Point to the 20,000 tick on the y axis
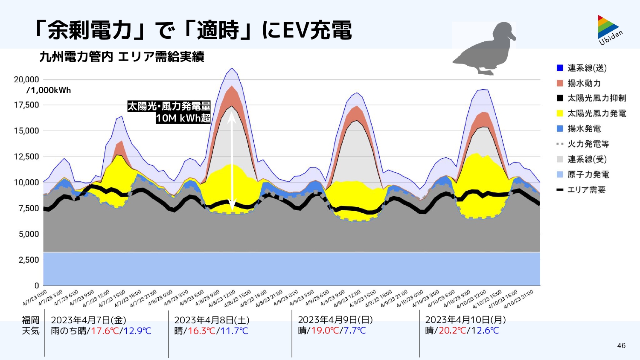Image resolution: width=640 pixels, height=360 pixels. pos(26,80)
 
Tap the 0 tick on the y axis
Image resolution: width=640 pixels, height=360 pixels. pos(37,286)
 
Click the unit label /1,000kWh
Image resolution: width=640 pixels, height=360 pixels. pos(49,90)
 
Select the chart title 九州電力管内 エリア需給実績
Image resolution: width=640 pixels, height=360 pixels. pos(122,57)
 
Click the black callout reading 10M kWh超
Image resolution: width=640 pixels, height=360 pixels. pos(183,118)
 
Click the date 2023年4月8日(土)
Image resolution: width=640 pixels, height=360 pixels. pos(212,320)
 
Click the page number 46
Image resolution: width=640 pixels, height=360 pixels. pos(621,345)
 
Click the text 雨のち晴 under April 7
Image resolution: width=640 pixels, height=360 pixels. pos(68,331)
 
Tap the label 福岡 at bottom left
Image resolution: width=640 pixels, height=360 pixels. pos(31,320)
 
